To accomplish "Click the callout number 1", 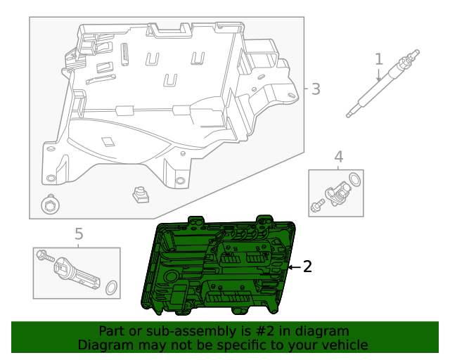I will [x=379, y=60].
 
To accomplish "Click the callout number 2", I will [x=307, y=266].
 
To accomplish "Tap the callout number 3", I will [x=316, y=89].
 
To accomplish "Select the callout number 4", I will [x=338, y=157].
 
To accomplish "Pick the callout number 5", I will [x=79, y=233].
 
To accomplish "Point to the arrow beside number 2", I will [x=294, y=267].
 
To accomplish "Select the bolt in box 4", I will [x=316, y=205].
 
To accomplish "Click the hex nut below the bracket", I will [x=50, y=205].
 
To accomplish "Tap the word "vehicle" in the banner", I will [x=342, y=345].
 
